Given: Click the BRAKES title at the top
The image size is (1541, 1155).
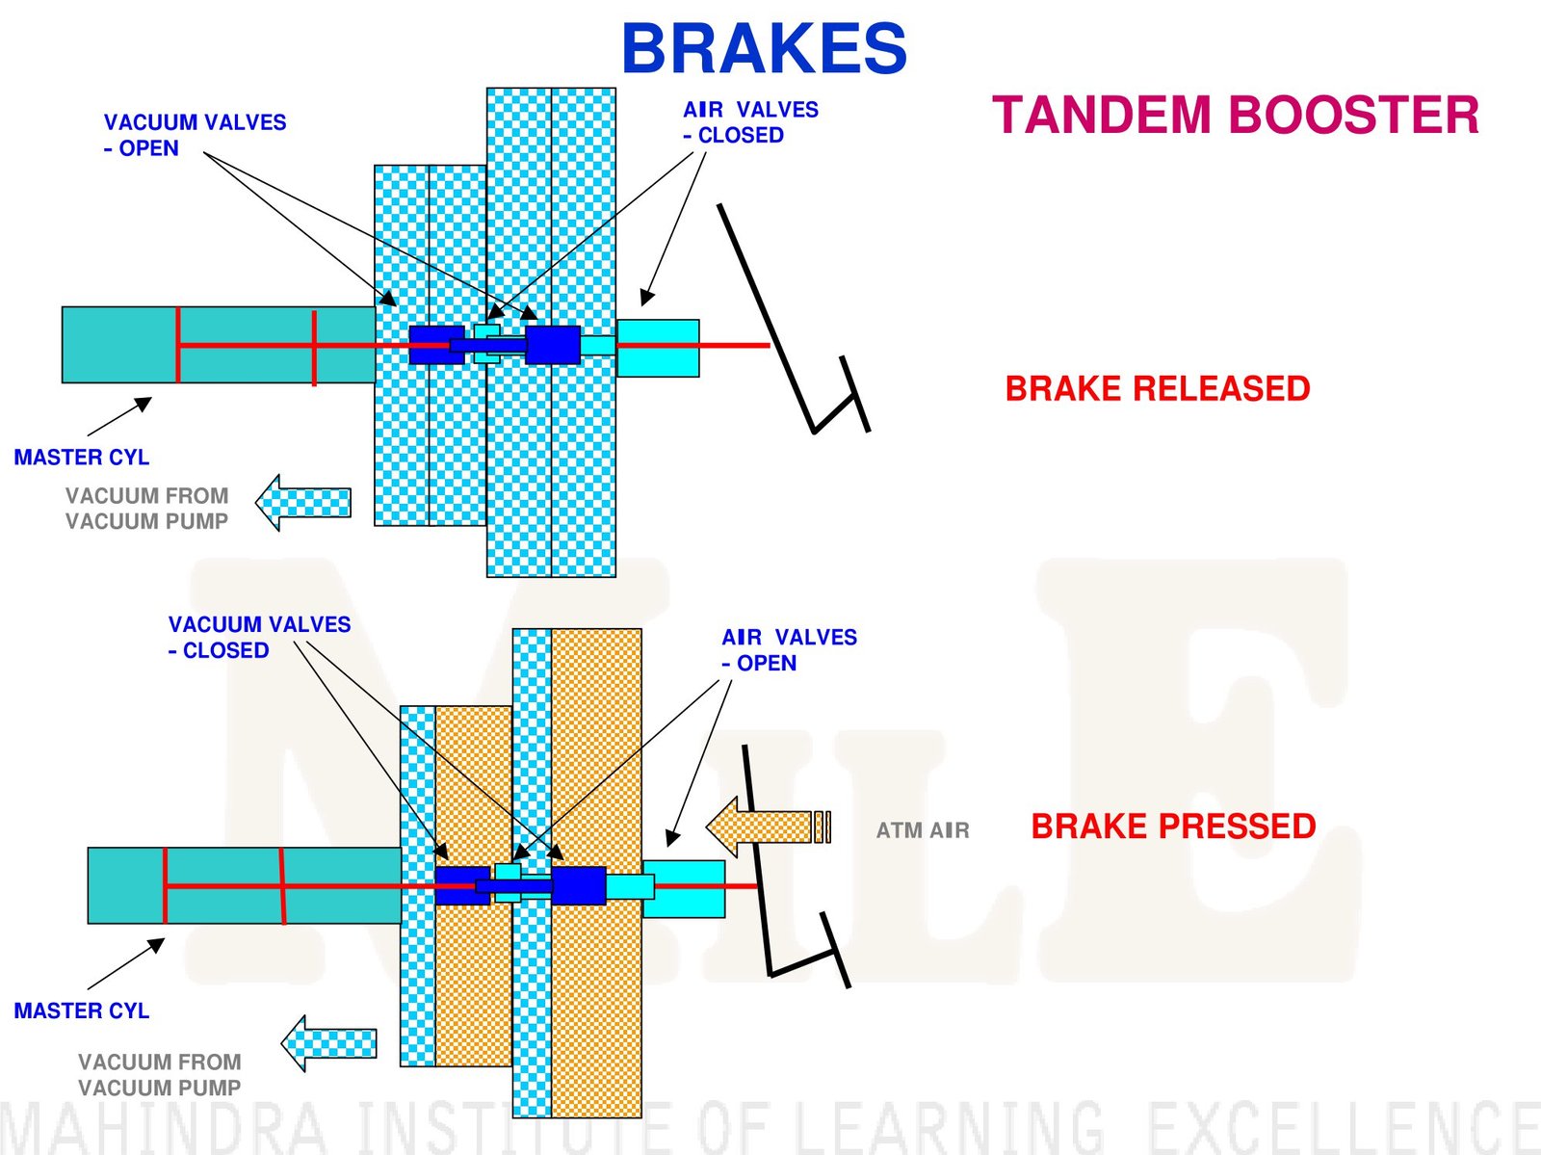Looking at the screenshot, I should [764, 48].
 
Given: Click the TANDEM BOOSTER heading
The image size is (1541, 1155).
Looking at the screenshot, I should [1235, 116].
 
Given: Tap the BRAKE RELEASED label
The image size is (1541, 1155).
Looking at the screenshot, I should [1157, 388].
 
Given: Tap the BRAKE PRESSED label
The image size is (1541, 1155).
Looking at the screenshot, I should [1173, 827].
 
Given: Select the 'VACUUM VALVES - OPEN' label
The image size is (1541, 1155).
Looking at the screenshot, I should [195, 135].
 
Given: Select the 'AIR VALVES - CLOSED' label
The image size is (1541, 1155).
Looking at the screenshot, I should [750, 122].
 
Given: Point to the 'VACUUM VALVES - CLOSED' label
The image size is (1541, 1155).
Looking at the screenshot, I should [259, 637].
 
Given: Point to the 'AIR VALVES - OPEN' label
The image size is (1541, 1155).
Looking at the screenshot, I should [789, 650].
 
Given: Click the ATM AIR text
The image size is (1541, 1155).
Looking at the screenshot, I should [922, 830].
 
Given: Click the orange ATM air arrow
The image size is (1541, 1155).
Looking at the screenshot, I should [766, 827].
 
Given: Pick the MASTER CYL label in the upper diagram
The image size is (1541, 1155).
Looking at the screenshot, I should [82, 458].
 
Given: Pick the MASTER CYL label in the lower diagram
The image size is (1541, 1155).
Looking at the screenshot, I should [82, 1011].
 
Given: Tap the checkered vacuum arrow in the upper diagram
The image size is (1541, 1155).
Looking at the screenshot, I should [303, 502].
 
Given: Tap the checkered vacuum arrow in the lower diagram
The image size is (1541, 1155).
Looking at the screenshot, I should [328, 1043].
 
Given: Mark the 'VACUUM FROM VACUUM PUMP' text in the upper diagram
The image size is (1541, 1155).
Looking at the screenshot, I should [146, 509].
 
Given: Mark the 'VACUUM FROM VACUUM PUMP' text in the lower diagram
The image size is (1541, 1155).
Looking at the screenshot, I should [159, 1074].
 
